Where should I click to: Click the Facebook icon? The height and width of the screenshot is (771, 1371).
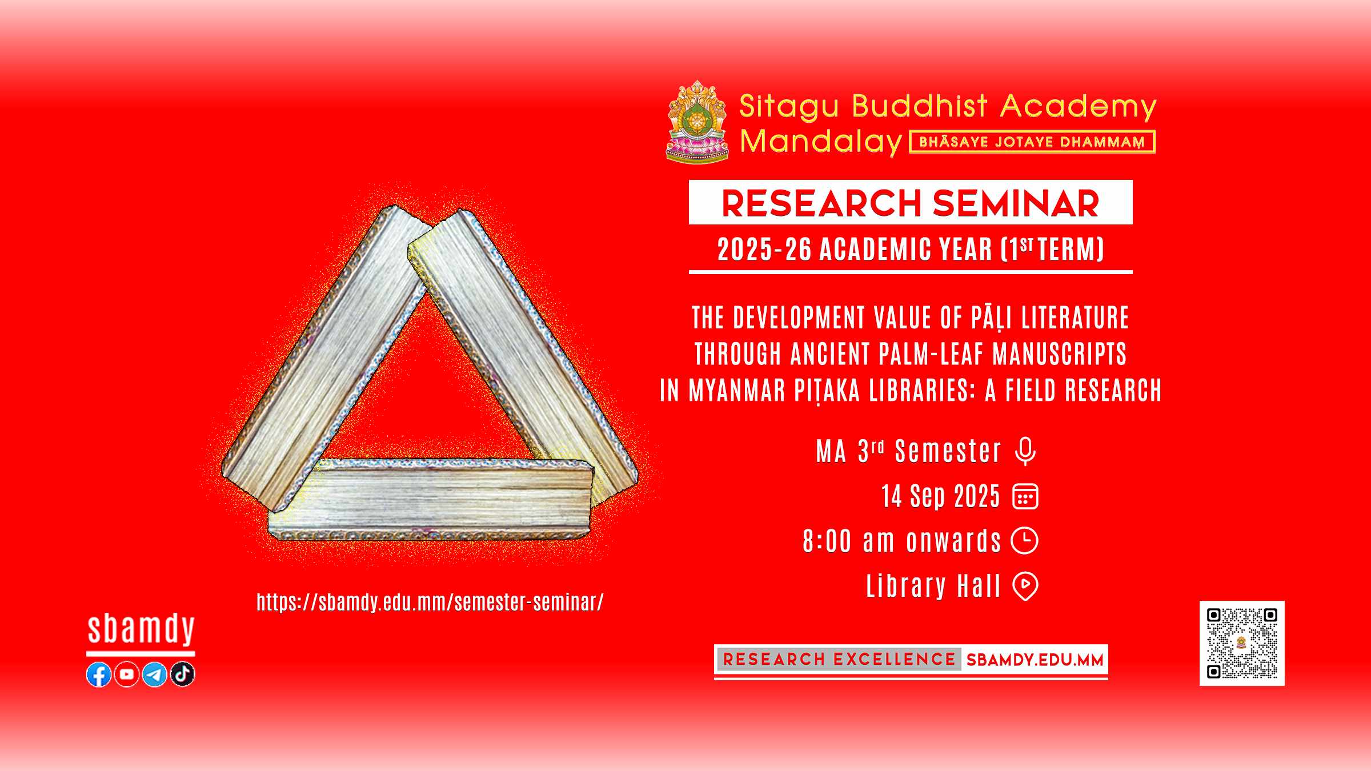coord(99,674)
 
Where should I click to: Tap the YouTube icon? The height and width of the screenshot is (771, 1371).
coord(127,674)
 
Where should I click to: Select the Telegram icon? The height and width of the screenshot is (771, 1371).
coord(154,674)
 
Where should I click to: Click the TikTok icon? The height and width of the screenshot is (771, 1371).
coord(183,674)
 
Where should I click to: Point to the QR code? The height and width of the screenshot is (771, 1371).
coord(1242,643)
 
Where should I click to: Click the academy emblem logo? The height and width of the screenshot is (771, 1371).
coord(697,121)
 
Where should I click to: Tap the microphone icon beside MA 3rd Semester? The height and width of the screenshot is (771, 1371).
coord(1025,451)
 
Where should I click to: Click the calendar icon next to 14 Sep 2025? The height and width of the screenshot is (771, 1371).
coord(1025,496)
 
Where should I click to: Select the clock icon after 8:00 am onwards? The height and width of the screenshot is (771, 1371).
coord(1025,541)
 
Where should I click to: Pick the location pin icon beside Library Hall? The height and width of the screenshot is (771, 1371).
coord(1025,587)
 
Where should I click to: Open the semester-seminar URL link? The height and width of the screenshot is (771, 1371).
coord(430,603)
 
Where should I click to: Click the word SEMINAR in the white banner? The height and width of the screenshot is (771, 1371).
coord(1016,203)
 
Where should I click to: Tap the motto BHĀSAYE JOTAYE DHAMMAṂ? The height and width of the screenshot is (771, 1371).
coord(1032,142)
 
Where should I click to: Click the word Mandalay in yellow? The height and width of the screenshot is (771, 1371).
coord(821,142)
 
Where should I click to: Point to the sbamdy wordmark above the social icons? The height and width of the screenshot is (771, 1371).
coord(141,629)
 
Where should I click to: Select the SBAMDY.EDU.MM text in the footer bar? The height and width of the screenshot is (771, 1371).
coord(1035,660)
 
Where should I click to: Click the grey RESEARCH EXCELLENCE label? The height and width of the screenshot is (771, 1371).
coord(839,660)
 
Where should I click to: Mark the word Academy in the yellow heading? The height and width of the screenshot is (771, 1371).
coord(1078,107)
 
